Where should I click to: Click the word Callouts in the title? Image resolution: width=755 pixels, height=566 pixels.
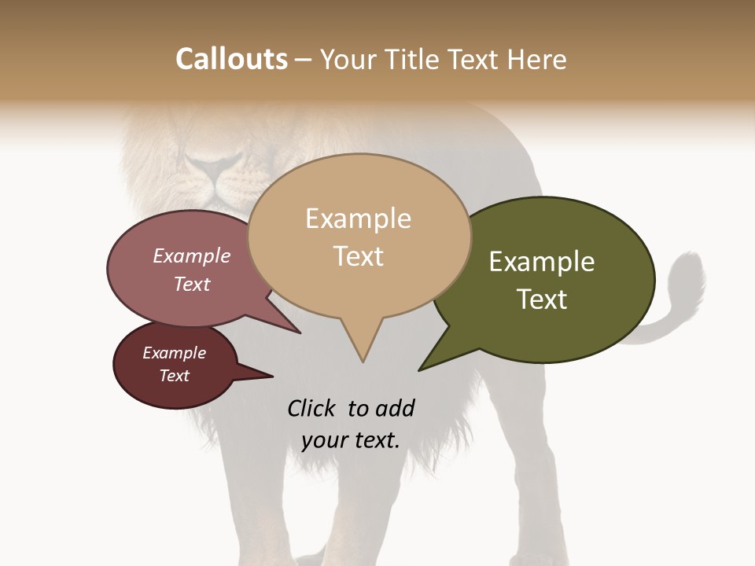[x=231, y=59]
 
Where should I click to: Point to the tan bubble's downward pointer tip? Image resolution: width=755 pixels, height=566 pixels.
[x=363, y=362]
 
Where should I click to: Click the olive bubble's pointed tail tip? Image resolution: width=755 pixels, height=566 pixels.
[x=419, y=369]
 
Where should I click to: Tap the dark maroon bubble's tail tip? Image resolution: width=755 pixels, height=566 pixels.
[x=272, y=377]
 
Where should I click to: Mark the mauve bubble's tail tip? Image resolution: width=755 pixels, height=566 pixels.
[x=300, y=333]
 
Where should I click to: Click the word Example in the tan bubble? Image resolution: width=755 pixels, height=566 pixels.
[x=358, y=219]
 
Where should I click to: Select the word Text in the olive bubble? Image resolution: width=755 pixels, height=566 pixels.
[x=542, y=299]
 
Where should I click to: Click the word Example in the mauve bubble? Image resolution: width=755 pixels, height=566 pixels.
[x=191, y=255]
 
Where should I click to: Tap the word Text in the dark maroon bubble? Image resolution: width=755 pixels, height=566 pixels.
[x=175, y=376]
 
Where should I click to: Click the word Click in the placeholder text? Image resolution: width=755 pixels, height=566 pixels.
[x=313, y=408]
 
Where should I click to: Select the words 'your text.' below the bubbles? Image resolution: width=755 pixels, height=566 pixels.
[x=351, y=440]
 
